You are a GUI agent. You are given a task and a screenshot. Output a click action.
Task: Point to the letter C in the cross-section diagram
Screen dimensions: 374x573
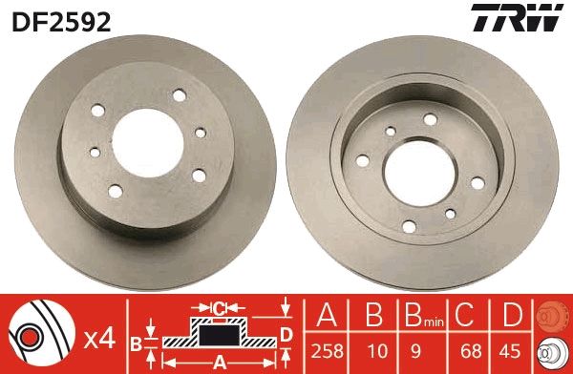coord(218,308)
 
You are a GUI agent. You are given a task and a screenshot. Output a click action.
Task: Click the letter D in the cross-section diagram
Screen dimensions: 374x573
coord(286,333)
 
